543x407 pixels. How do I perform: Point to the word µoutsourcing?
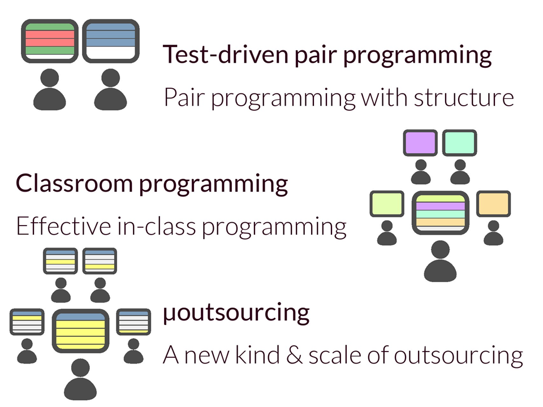pyautogui.click(x=236, y=313)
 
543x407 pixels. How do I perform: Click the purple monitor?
pyautogui.click(x=420, y=142)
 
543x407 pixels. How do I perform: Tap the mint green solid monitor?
pyautogui.click(x=460, y=142)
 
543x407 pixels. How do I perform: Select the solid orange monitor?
pyautogui.click(x=493, y=204)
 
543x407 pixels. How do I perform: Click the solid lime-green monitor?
pyautogui.click(x=387, y=204)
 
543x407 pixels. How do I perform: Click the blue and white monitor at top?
pyautogui.click(x=111, y=41)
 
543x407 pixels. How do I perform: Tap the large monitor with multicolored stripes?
pyautogui.click(x=440, y=214)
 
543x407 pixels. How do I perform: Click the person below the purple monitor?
pyautogui.click(x=420, y=172)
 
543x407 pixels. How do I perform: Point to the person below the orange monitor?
pyautogui.click(x=493, y=233)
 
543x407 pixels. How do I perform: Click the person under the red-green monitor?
pyautogui.click(x=49, y=89)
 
